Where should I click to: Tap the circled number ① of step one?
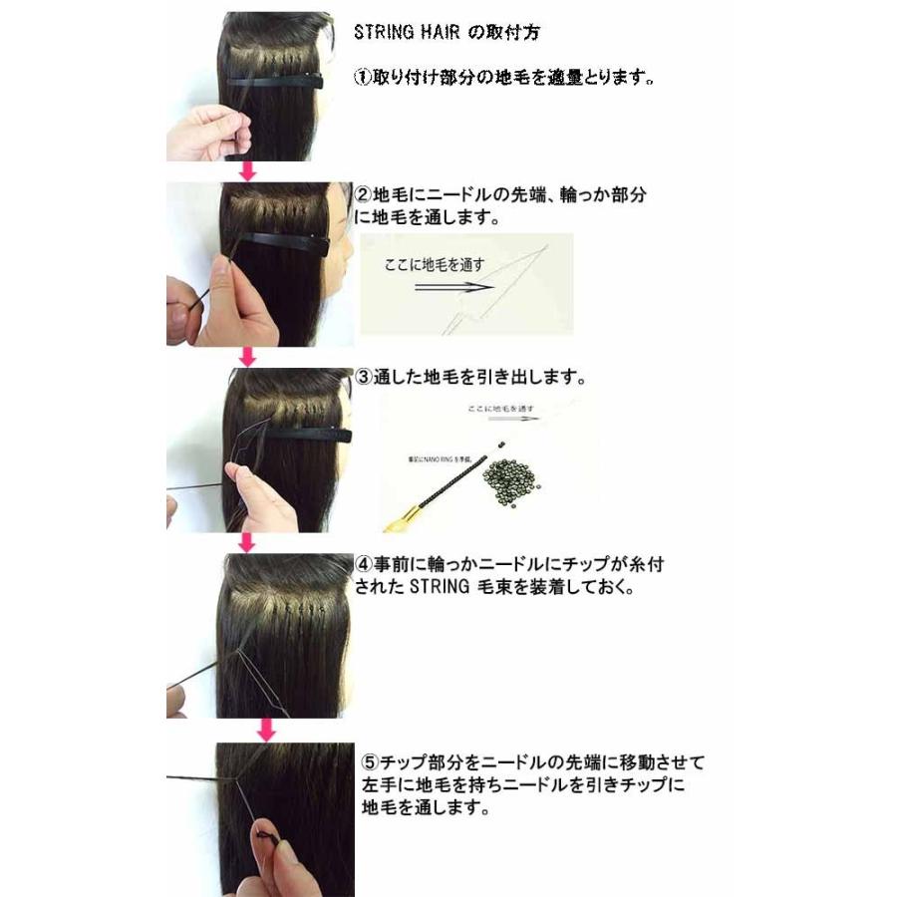click(x=364, y=77)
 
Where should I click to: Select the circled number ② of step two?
click(x=364, y=195)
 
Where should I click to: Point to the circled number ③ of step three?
click(x=364, y=379)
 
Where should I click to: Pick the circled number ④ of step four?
click(x=364, y=565)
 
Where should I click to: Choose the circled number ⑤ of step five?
click(x=369, y=763)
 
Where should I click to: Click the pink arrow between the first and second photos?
click(x=248, y=171)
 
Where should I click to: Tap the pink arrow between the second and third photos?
click(x=248, y=356)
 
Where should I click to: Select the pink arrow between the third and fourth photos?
click(x=248, y=542)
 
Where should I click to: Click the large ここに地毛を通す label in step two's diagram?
click(x=436, y=265)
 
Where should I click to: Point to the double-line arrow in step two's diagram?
click(x=453, y=287)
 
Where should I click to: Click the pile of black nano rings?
click(x=517, y=471)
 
